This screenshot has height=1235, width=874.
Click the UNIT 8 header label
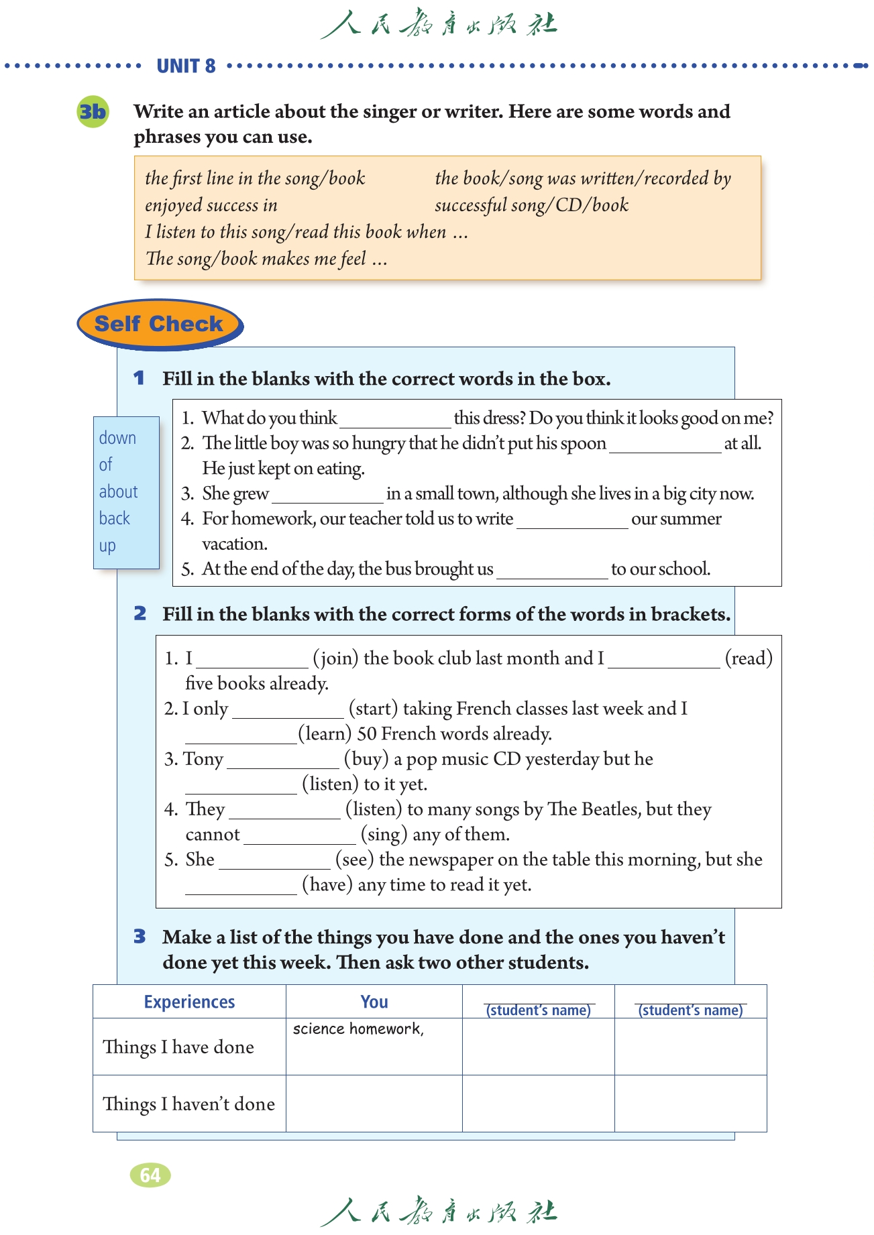186,66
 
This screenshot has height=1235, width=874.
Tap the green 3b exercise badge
93,111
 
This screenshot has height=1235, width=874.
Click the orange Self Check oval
159,324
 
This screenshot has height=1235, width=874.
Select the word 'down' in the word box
117,438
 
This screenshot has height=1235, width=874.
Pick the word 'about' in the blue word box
118,491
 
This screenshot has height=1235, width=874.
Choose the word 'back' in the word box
114,518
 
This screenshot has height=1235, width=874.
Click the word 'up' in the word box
107,546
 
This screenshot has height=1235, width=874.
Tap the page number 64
150,1175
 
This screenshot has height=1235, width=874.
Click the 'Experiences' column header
189,1002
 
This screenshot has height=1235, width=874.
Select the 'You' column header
374,1002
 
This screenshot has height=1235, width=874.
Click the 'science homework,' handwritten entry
358,1028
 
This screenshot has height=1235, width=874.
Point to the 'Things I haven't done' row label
188,1104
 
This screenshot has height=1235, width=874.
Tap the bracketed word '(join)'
335,658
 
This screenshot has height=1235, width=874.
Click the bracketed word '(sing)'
384,834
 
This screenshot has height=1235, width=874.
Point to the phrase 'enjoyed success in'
211,205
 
